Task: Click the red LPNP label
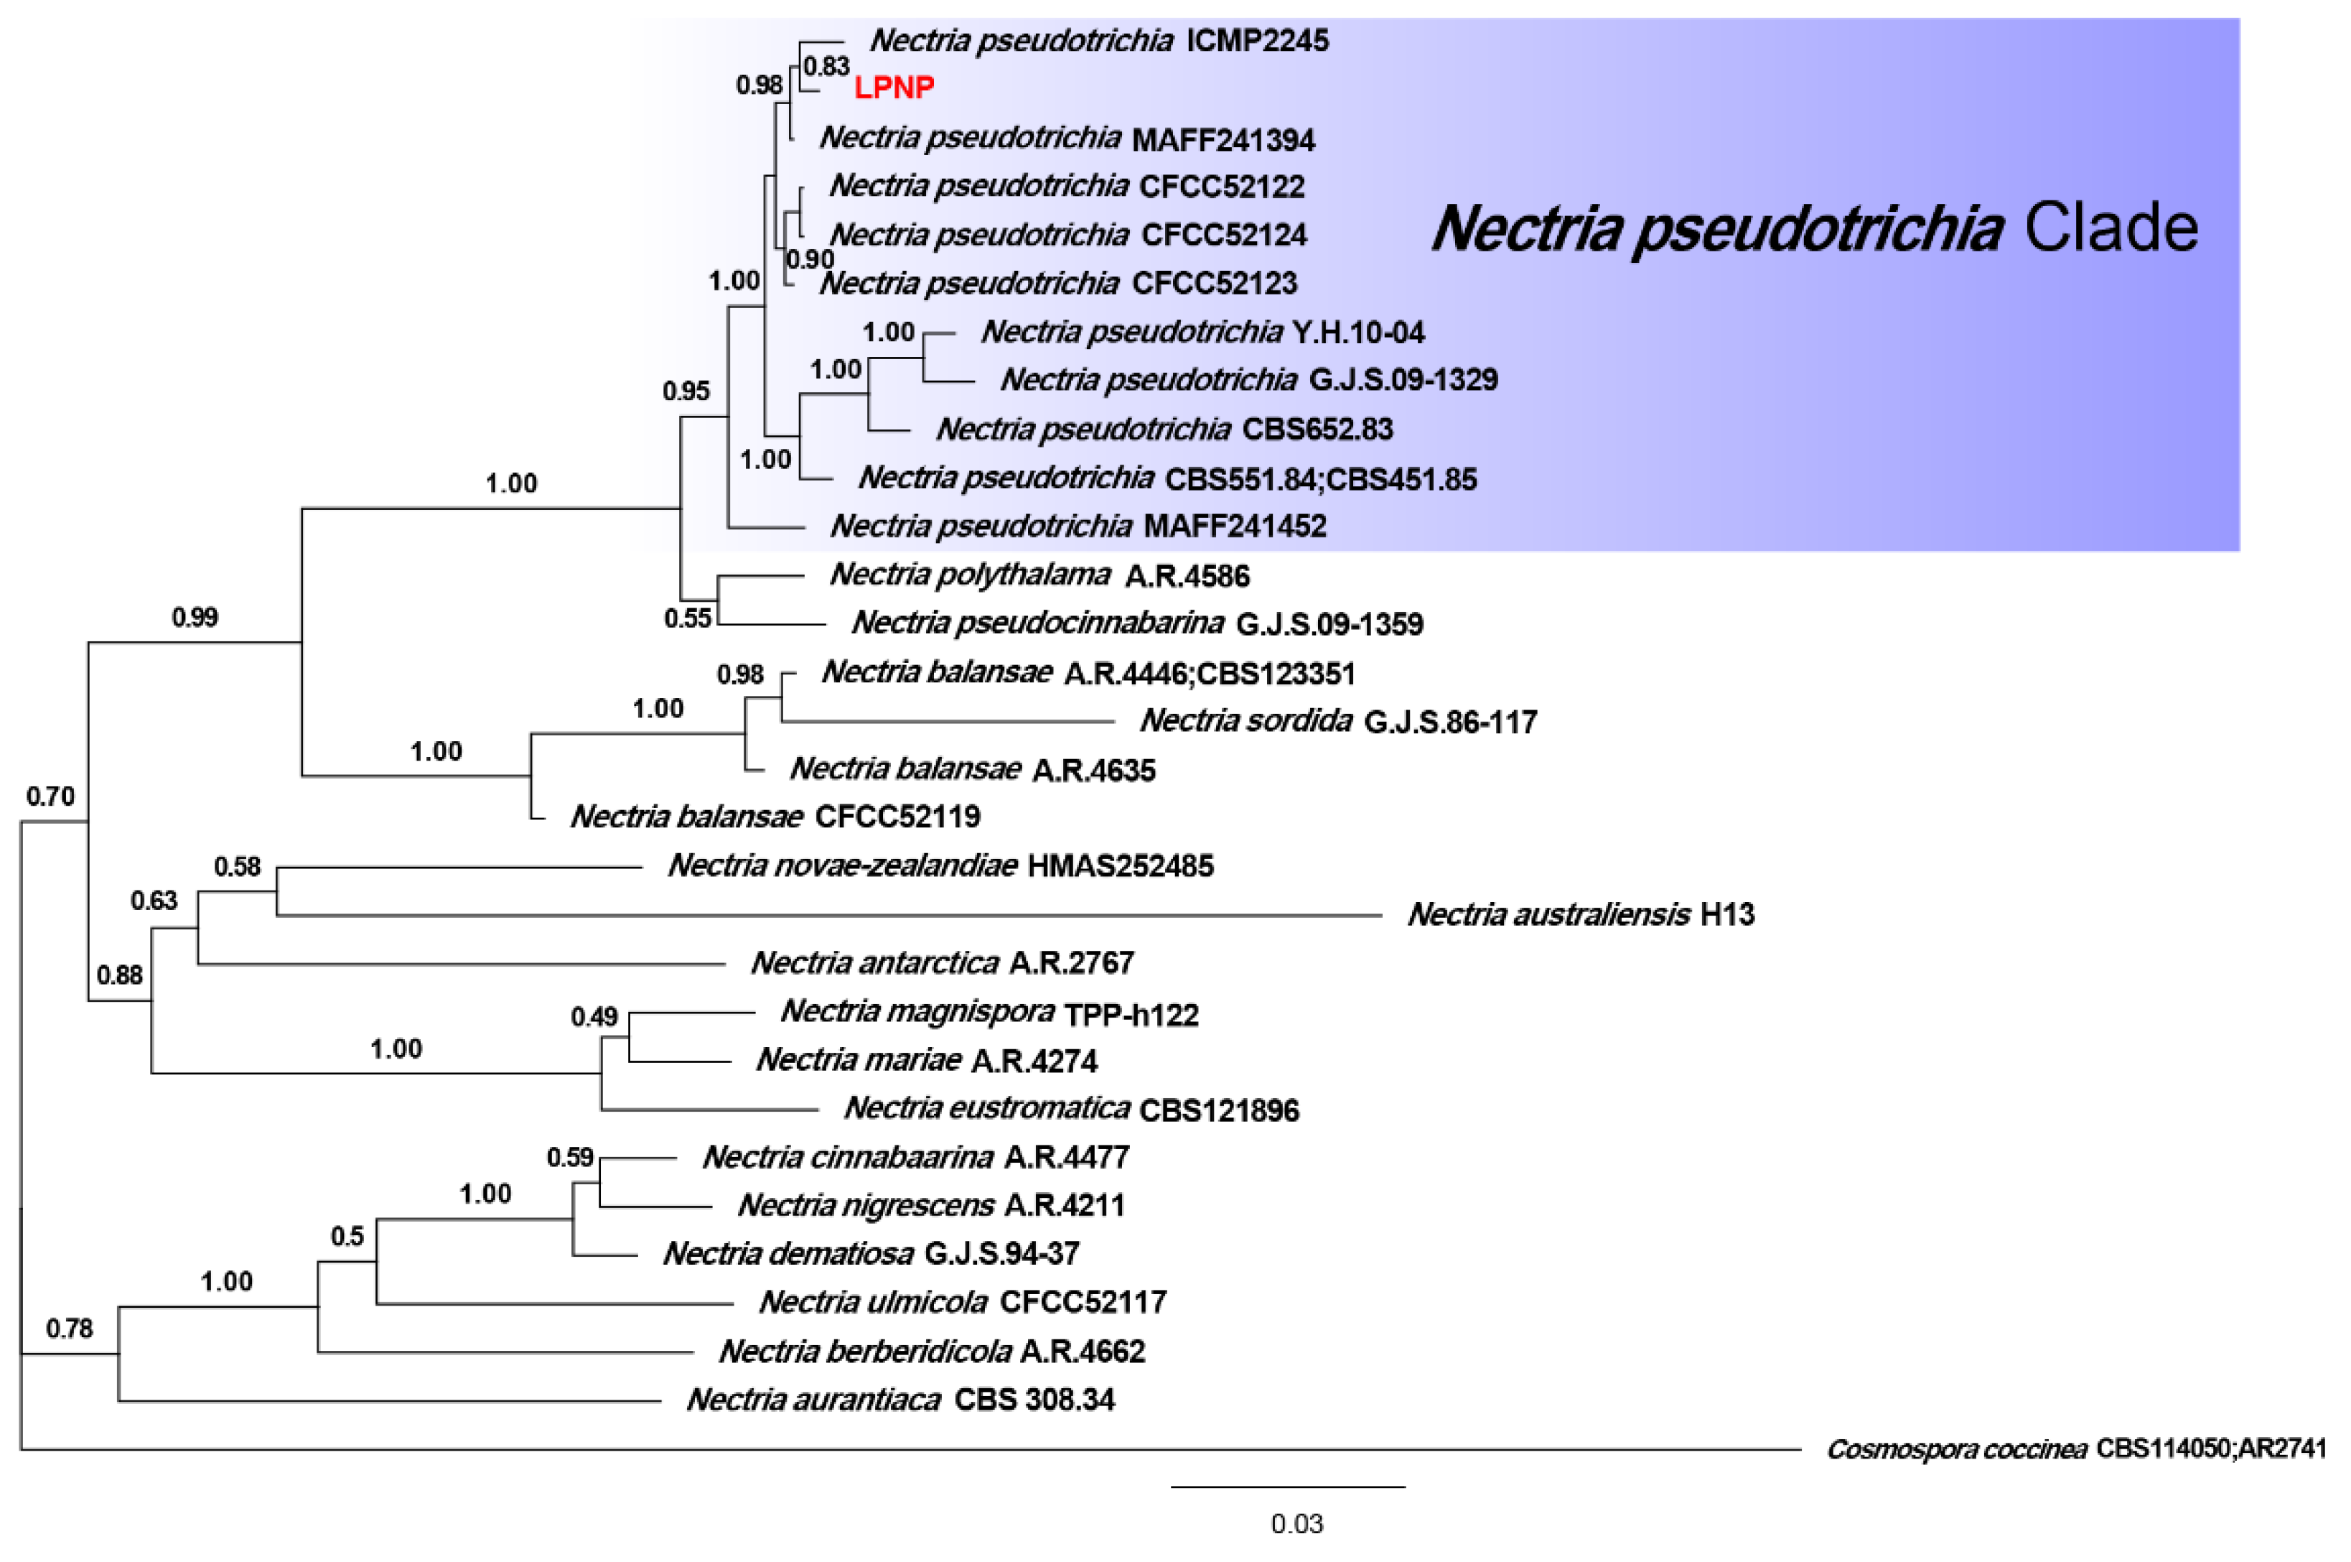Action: pyautogui.click(x=893, y=88)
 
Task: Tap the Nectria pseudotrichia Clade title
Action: pyautogui.click(x=1813, y=228)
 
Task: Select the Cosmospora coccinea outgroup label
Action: pyautogui.click(x=2075, y=1449)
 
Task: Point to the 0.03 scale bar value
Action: pyautogui.click(x=1296, y=1523)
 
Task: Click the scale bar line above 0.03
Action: pyautogui.click(x=1288, y=1487)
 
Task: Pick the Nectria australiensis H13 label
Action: pyautogui.click(x=1580, y=914)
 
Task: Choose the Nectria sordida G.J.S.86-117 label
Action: pyautogui.click(x=1337, y=720)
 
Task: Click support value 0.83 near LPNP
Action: pyautogui.click(x=826, y=67)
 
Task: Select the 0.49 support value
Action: pyautogui.click(x=594, y=1016)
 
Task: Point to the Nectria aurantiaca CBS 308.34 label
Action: pyautogui.click(x=900, y=1400)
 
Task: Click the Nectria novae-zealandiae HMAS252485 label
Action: pyautogui.click(x=940, y=865)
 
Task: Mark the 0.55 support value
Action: pyautogui.click(x=687, y=618)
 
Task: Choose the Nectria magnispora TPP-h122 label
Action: pyautogui.click(x=988, y=1012)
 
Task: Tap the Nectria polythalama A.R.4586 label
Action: pyautogui.click(x=1039, y=575)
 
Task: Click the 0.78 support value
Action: pyautogui.click(x=69, y=1328)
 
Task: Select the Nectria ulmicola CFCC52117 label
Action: pyautogui.click(x=962, y=1302)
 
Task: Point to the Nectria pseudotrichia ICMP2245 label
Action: pyautogui.click(x=1098, y=41)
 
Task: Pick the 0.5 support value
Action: pyautogui.click(x=347, y=1236)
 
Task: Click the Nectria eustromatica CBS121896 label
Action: pyautogui.click(x=1070, y=1109)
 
